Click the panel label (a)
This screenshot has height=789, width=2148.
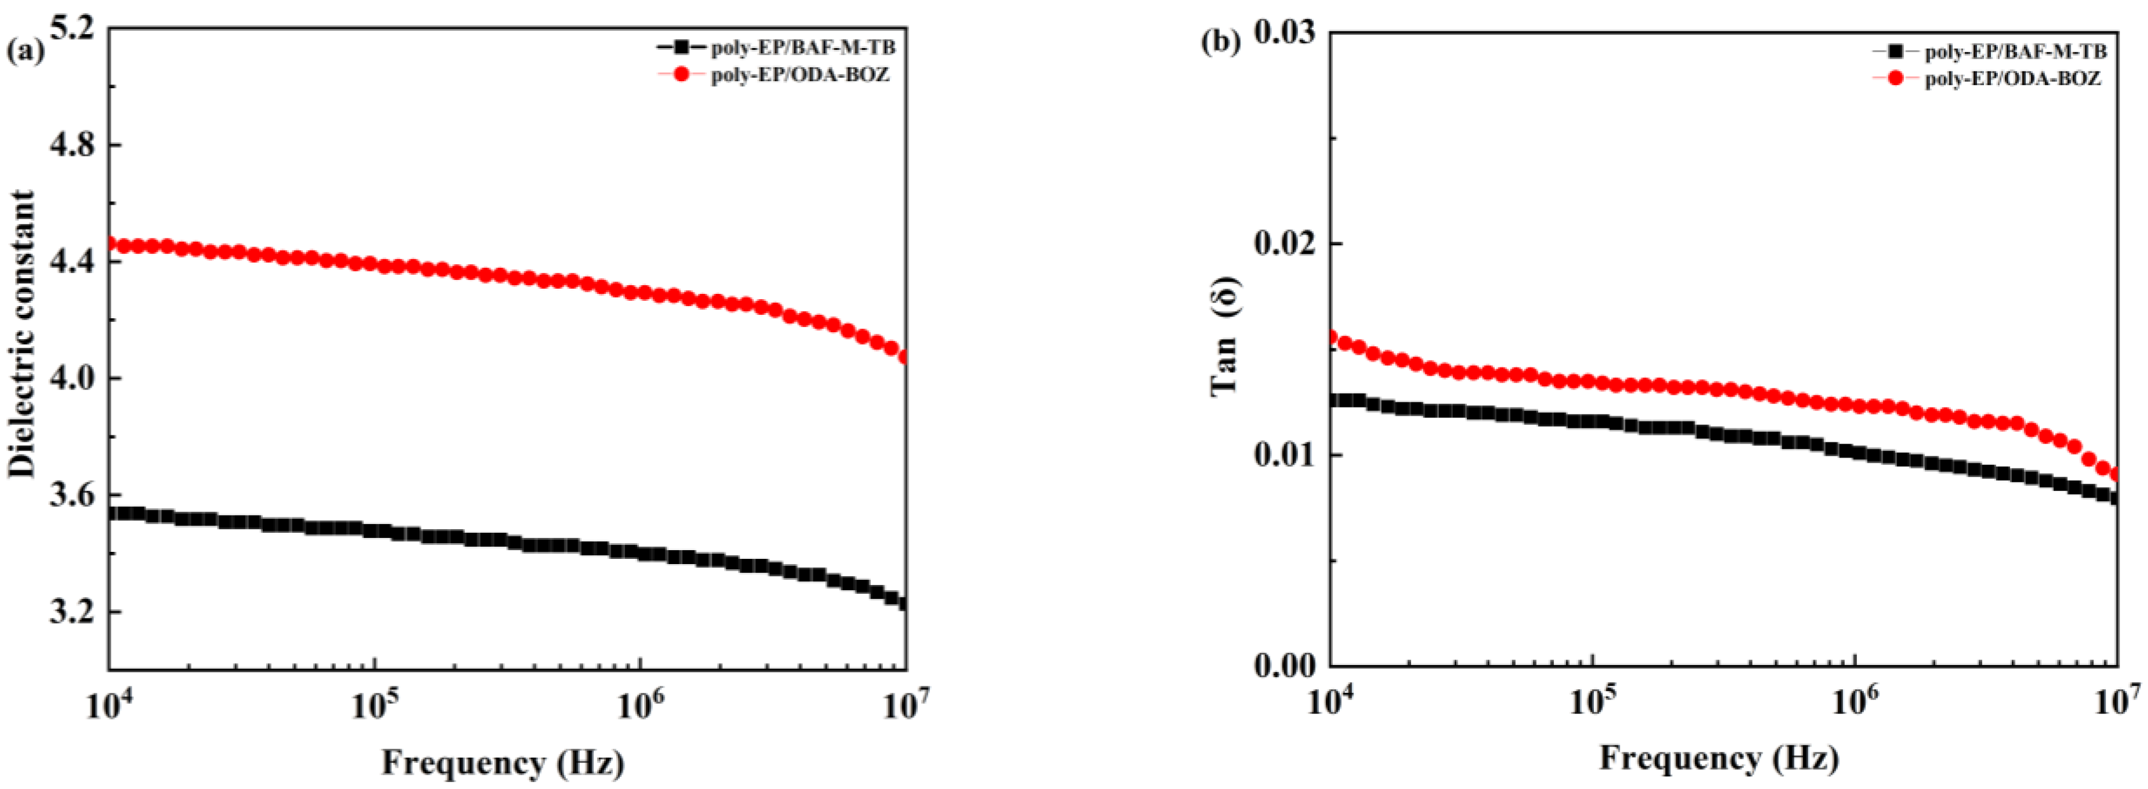pos(25,52)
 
